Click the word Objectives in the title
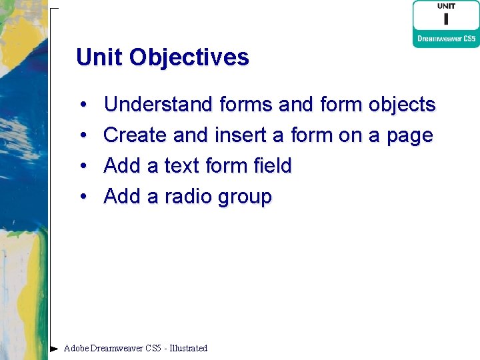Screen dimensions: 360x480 pyautogui.click(x=189, y=57)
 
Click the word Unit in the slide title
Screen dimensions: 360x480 pyautogui.click(x=99, y=57)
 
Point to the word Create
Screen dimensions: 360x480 pyautogui.click(x=135, y=135)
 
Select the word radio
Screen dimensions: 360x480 pyautogui.click(x=183, y=197)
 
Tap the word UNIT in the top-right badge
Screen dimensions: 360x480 pyautogui.click(x=446, y=7)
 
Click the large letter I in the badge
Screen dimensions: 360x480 pyautogui.click(x=446, y=18)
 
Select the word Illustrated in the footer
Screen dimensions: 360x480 pyautogui.click(x=189, y=348)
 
